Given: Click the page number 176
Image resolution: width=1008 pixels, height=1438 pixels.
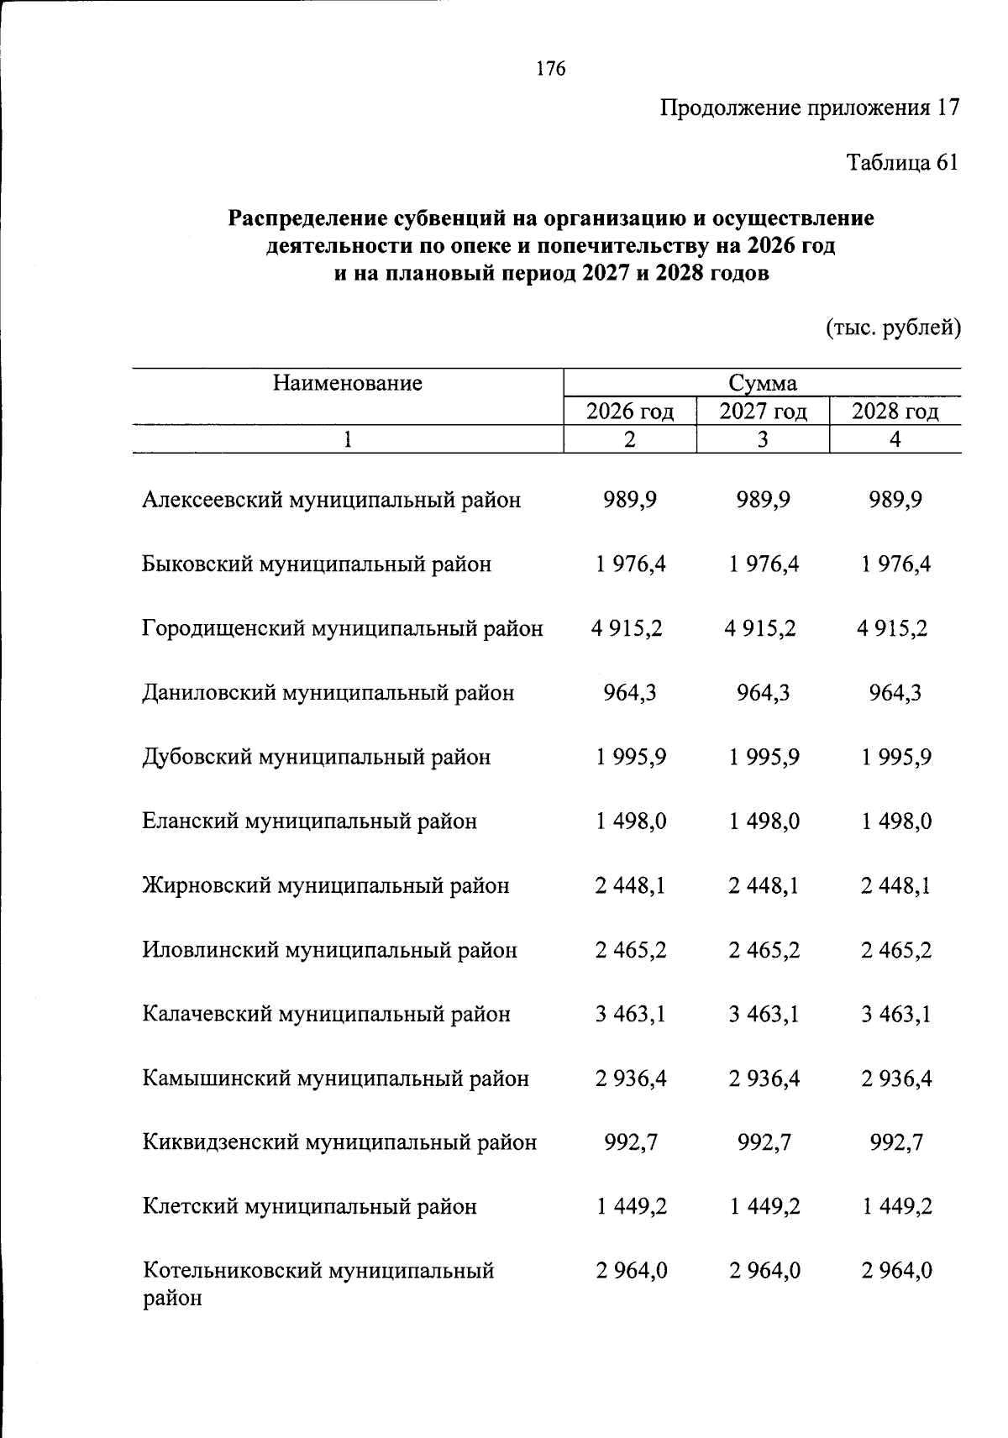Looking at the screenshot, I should [550, 69].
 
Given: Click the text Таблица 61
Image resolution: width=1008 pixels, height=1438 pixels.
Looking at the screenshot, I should [901, 162].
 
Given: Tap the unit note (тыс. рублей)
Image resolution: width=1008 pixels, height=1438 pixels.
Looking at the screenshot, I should [893, 327].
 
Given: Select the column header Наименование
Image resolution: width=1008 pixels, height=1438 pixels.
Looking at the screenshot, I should [347, 384].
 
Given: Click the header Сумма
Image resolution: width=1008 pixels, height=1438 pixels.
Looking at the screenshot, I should [762, 384].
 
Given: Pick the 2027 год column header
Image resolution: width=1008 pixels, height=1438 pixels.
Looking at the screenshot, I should [763, 412].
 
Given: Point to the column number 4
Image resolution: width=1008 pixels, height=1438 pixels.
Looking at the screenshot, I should [895, 439].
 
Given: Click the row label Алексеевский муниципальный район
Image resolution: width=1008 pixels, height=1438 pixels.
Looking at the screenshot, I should [331, 501].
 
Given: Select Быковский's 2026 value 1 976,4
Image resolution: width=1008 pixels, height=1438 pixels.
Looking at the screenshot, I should [630, 564].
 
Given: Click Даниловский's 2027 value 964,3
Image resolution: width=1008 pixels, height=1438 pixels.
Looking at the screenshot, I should [763, 693].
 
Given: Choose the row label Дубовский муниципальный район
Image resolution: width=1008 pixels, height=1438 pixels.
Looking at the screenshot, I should [316, 758].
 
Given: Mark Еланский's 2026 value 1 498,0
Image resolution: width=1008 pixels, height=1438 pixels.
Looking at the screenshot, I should [630, 821].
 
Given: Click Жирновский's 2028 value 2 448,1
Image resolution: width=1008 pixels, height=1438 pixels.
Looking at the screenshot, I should [895, 886].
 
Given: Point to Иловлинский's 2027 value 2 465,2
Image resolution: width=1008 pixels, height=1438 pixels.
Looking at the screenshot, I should [763, 950].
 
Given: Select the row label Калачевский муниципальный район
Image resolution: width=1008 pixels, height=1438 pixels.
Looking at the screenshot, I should [326, 1015].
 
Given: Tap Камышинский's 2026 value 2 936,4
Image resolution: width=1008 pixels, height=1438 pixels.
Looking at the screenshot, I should [630, 1078].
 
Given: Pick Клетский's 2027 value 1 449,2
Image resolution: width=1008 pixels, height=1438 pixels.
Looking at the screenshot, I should [763, 1207].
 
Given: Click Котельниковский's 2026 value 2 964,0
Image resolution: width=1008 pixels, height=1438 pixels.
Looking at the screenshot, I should [630, 1272].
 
